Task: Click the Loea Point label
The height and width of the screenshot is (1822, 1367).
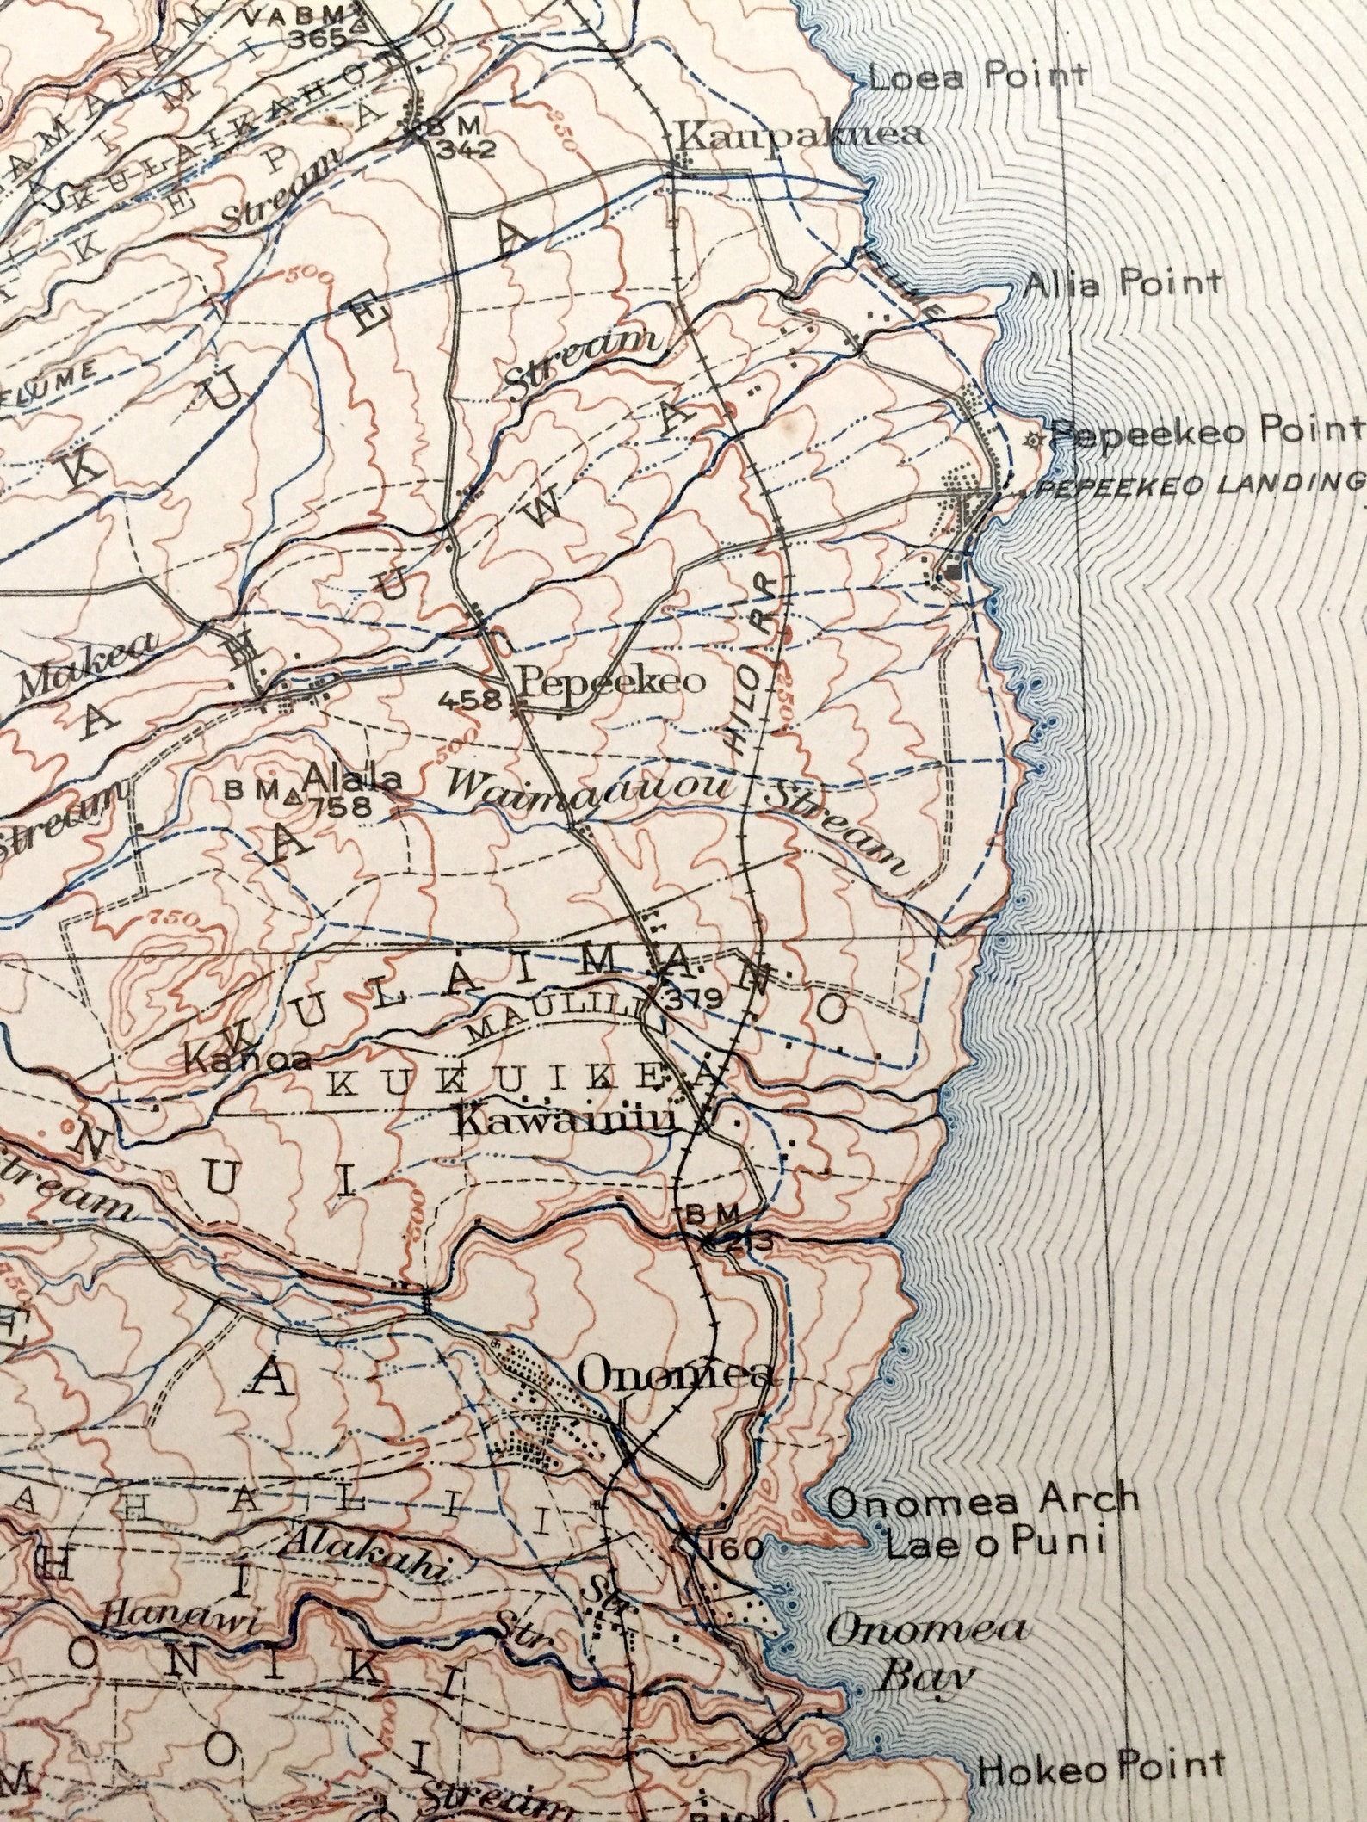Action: click(x=978, y=77)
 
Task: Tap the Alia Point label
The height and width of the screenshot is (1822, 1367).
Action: click(x=1122, y=282)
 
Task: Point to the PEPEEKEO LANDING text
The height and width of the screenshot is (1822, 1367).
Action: click(x=1202, y=486)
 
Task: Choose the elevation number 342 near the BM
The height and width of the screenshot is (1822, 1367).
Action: click(x=465, y=149)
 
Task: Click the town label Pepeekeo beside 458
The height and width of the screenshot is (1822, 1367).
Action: click(x=612, y=682)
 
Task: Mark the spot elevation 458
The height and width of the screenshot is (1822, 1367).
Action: click(x=469, y=700)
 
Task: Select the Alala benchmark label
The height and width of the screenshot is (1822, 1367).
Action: click(x=353, y=778)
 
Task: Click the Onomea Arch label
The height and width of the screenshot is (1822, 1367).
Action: click(x=983, y=1501)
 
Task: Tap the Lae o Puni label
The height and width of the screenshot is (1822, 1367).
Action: click(x=995, y=1544)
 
